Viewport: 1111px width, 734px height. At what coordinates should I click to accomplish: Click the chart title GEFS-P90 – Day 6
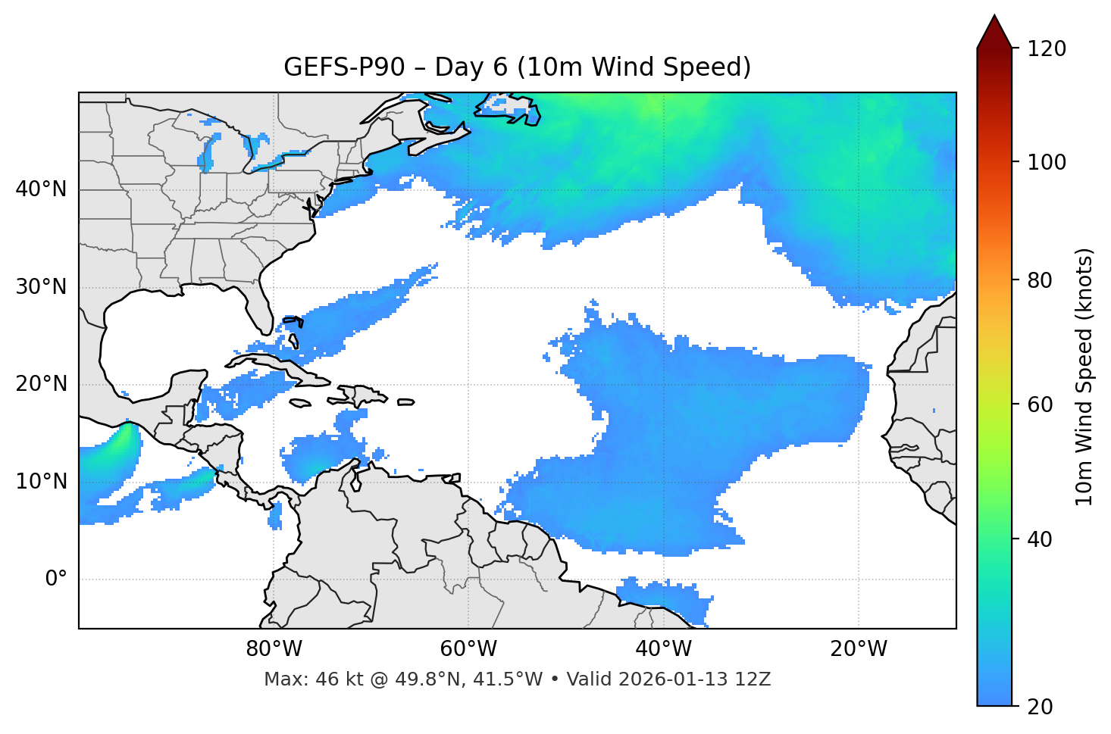coord(517,67)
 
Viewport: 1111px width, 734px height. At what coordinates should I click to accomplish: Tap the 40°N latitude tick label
coord(41,189)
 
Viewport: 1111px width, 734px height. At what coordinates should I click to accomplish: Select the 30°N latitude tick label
coord(41,287)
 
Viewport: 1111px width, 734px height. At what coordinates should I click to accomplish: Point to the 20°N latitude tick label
coord(41,384)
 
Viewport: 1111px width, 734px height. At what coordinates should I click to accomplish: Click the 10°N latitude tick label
coord(41,482)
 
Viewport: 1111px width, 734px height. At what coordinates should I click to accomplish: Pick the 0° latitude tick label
coord(55,579)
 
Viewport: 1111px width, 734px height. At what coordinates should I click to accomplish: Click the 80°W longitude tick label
coord(274,649)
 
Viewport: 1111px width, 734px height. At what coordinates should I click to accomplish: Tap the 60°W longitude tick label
coord(468,649)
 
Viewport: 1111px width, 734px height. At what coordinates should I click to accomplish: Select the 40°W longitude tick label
coord(663,649)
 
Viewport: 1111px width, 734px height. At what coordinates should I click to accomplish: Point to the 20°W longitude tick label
coord(858,649)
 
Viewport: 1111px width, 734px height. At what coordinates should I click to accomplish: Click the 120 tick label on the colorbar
coord(1047,49)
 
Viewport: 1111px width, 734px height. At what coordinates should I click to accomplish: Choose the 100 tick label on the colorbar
coord(1047,162)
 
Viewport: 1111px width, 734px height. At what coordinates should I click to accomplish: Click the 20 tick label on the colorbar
coord(1041,707)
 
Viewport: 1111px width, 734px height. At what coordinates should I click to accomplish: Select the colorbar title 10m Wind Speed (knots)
coord(1084,376)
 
